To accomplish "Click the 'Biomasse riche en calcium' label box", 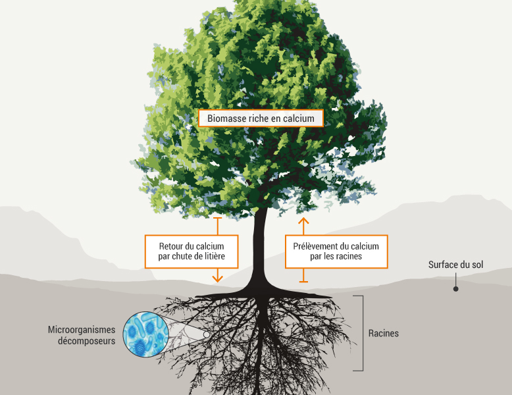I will click(261, 118).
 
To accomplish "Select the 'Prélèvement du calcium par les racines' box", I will click(336, 251).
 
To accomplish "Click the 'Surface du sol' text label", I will click(456, 265).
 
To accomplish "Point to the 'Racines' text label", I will click(383, 333).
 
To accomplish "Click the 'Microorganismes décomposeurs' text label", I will click(82, 335).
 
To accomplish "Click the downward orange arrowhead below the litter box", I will click(218, 278).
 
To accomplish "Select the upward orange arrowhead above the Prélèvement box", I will click(303, 221).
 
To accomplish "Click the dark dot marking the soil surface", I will click(456, 288).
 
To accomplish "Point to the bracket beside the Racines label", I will click(361, 333).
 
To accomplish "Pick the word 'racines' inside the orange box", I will click(347, 256).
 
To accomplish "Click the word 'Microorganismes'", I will click(82, 329).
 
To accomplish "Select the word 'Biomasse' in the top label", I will click(226, 118).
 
